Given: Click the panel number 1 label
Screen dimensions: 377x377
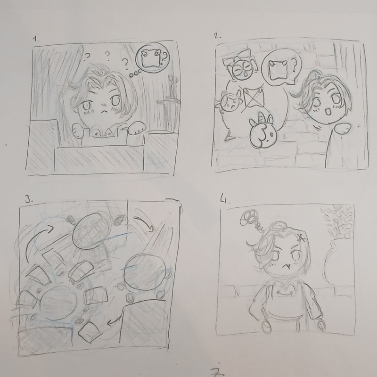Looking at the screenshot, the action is pos(36,39).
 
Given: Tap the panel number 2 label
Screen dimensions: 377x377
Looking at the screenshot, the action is pos(218,36).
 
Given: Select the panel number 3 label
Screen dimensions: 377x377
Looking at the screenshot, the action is pos(29,199).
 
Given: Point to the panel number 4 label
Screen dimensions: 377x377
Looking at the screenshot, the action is pos(225,199).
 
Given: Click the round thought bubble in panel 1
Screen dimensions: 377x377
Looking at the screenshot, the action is pos(152,57).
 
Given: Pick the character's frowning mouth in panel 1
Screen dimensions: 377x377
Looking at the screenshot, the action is pos(104,111).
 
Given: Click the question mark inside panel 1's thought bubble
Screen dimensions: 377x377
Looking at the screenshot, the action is pos(164,59).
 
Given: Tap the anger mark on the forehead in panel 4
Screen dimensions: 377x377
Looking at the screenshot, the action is pos(300,238).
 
